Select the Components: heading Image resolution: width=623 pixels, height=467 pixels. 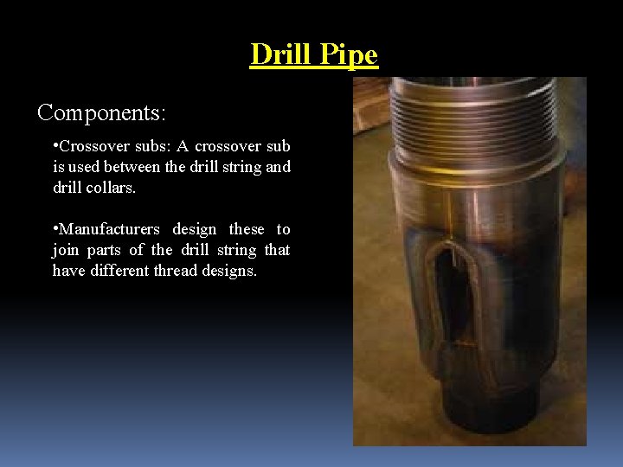102,112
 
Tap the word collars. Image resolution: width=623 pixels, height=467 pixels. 112,188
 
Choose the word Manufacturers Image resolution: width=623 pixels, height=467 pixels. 108,229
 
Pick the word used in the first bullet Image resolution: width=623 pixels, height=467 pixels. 92,167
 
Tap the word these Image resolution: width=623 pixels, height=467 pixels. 247,229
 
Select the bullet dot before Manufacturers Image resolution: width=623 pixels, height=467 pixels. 55,229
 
